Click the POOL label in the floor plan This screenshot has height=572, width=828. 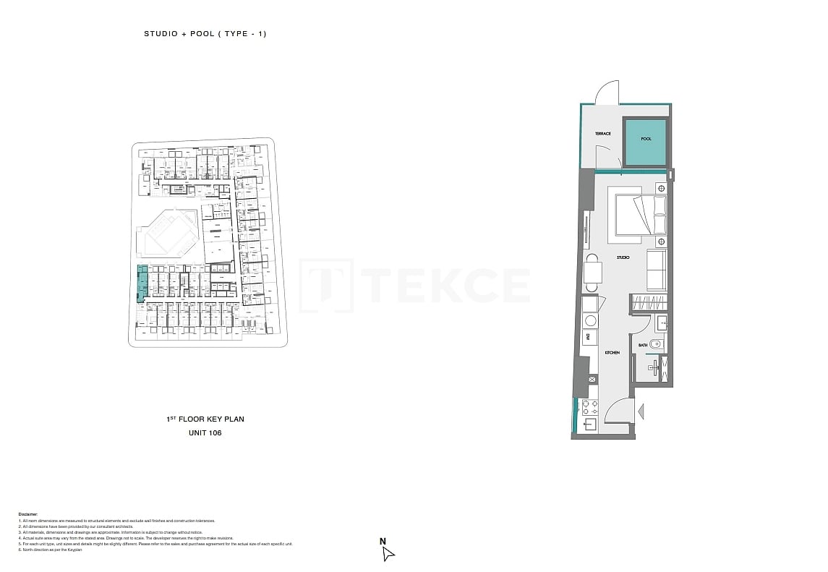coord(646,139)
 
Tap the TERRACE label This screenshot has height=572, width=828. coord(603,134)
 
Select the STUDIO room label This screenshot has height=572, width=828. coord(623,257)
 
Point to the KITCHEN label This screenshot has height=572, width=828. coord(612,352)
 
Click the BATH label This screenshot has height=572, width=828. coord(642,345)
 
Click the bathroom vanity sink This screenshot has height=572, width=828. coord(661,322)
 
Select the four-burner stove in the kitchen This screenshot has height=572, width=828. coord(589,407)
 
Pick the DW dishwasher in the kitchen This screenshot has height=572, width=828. coord(589,337)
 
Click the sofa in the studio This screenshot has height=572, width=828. coord(657,270)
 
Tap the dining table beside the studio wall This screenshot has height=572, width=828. coord(592,273)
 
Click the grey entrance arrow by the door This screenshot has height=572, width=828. coord(640,411)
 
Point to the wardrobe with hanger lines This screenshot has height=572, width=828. coord(648,303)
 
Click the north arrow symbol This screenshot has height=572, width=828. coord(388,554)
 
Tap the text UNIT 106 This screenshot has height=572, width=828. coord(205,433)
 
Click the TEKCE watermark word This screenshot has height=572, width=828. coord(448,285)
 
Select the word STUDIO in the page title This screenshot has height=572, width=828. coord(160,34)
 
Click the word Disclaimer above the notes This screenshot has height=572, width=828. coord(28,514)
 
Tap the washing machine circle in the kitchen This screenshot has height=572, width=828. coord(590,320)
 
